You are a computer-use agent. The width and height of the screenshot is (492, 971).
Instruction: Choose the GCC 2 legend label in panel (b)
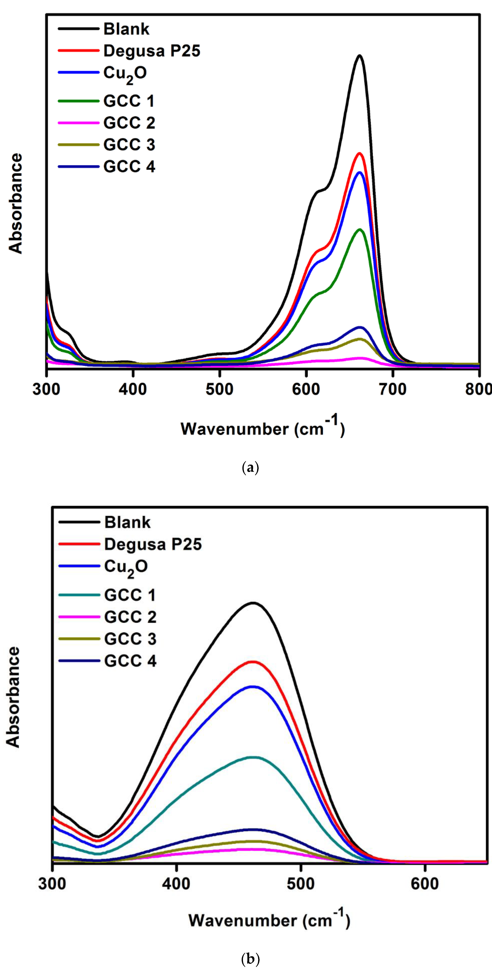coord(130,617)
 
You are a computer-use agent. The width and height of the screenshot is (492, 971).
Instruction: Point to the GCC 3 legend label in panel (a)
coord(129,145)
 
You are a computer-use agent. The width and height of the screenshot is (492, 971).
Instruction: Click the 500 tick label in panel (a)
coord(219,389)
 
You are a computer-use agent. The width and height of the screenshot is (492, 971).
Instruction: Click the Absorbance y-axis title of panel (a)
coord(16,203)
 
